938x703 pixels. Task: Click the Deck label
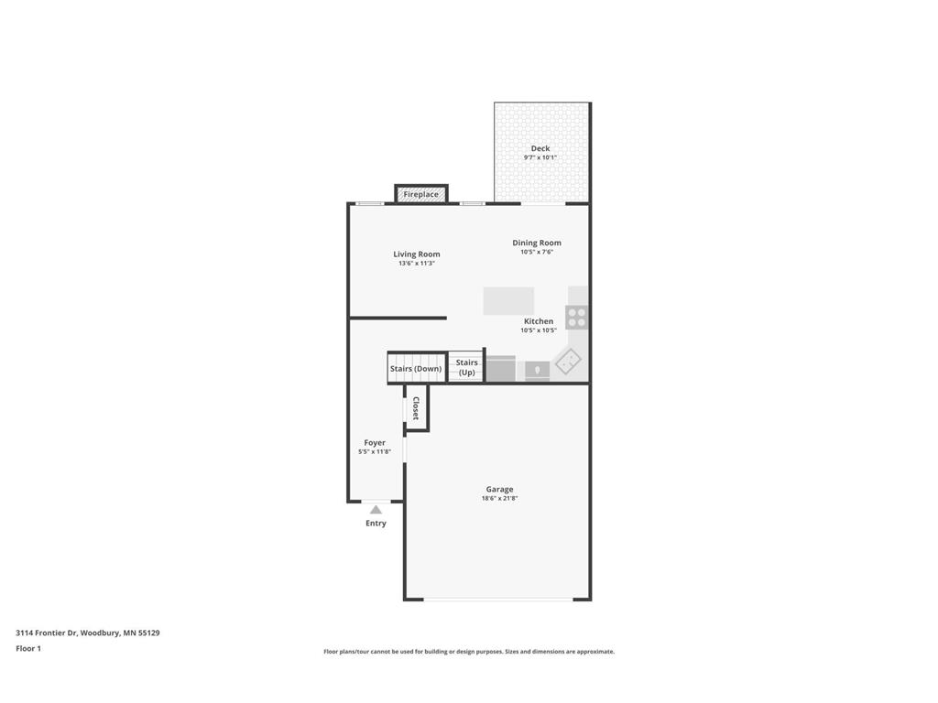(540, 148)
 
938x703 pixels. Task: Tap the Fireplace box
(421, 194)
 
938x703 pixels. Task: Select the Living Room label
(417, 254)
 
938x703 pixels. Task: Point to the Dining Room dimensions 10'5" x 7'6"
(537, 252)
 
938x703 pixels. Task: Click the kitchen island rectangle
(508, 301)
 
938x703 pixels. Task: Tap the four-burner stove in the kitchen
(577, 317)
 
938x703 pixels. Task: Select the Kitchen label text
(539, 321)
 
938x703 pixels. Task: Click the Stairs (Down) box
(416, 368)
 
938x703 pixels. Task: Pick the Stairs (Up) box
(466, 367)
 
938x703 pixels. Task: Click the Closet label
(416, 407)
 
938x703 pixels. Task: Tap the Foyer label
(375, 443)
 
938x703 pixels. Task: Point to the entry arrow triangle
(376, 510)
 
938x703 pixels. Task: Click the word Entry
(376, 524)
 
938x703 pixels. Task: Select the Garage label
(499, 490)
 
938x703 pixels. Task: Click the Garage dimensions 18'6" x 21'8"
(499, 499)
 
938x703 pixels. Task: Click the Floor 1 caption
(28, 648)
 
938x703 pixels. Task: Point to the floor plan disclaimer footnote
(469, 652)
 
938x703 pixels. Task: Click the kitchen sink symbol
(537, 370)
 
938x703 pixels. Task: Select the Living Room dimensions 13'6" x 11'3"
(416, 264)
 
